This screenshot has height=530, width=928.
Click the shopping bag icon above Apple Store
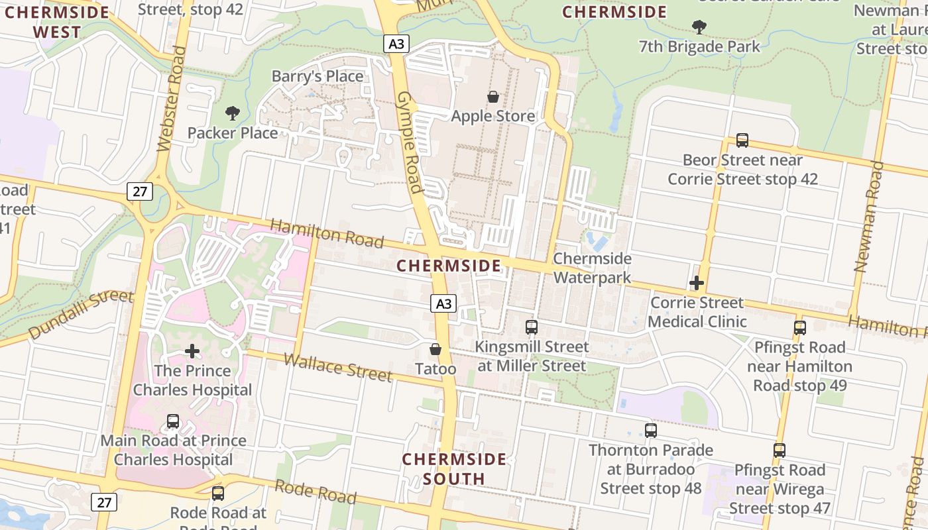click(493, 97)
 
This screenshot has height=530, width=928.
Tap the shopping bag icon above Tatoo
click(435, 349)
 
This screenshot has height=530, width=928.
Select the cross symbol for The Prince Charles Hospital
click(192, 351)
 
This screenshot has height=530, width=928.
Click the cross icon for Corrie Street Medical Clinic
click(697, 284)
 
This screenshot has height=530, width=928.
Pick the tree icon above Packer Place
click(232, 113)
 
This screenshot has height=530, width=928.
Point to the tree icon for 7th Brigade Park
click(699, 27)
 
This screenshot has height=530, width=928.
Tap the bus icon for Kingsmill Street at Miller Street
click(532, 327)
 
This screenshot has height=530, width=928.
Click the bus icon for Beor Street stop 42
click(742, 140)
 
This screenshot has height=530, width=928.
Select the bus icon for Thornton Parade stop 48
click(651, 431)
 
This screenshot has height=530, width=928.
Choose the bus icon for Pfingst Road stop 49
click(800, 328)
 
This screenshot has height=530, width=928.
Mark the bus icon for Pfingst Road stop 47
click(780, 450)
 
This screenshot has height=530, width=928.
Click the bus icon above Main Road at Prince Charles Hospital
click(173, 421)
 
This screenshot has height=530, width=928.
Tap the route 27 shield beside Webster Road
click(140, 192)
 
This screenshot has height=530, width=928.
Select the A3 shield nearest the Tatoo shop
click(443, 303)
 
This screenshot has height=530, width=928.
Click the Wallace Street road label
click(338, 367)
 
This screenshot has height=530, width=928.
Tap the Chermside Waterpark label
click(593, 268)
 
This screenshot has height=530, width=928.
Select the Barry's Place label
click(318, 77)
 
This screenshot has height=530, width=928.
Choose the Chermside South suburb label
click(454, 468)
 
